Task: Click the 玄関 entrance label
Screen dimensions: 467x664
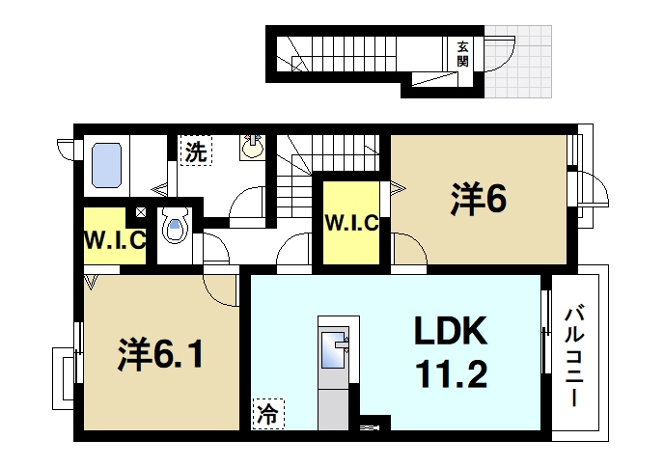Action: (463, 52)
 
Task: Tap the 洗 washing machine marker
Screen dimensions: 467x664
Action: (195, 151)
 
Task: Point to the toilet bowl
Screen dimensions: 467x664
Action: (174, 228)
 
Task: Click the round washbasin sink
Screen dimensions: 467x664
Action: (252, 148)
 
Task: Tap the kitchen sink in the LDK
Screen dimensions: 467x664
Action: (333, 348)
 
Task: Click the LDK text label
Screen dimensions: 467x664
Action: (452, 333)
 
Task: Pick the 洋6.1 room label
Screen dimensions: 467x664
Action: (160, 356)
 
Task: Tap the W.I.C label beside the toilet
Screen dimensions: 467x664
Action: (114, 238)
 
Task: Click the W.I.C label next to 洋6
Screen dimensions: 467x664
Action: (351, 224)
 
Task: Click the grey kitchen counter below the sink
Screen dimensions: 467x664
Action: (333, 401)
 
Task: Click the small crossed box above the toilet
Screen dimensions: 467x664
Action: (141, 212)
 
